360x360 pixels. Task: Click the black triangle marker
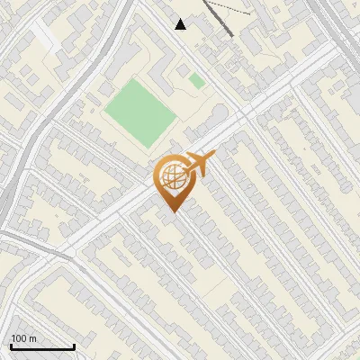[181, 24]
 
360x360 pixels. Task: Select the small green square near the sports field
[197, 81]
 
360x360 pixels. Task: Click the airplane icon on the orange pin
[197, 166]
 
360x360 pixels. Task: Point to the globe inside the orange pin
[172, 178]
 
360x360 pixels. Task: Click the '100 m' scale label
[24, 338]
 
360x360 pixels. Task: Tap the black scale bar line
[42, 347]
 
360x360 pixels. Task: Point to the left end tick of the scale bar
[11, 346]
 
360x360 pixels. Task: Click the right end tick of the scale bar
[74, 346]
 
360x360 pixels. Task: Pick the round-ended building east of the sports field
[218, 115]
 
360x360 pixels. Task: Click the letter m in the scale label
[31, 338]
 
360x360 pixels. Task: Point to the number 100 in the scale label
[19, 338]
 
